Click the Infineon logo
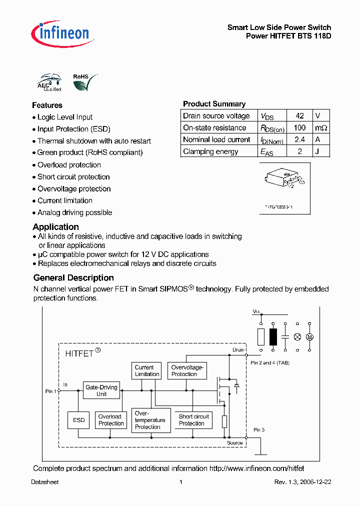[60, 33]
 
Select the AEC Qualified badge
[50, 83]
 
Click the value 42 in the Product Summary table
[299, 115]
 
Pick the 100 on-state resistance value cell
[299, 127]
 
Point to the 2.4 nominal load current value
[299, 139]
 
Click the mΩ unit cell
[321, 127]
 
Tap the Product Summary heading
[214, 104]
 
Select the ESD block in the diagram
[79, 420]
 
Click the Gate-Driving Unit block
[101, 390]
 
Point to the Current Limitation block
[147, 370]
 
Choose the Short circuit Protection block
[194, 420]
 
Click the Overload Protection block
[110, 420]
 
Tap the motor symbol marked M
[309, 337]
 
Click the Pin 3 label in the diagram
[259, 429]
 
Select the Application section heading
[55, 226]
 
